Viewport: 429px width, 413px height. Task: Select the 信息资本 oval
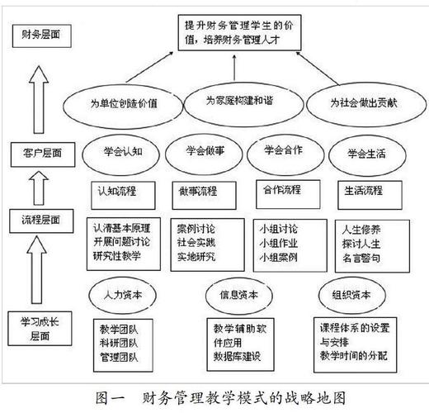241,294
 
